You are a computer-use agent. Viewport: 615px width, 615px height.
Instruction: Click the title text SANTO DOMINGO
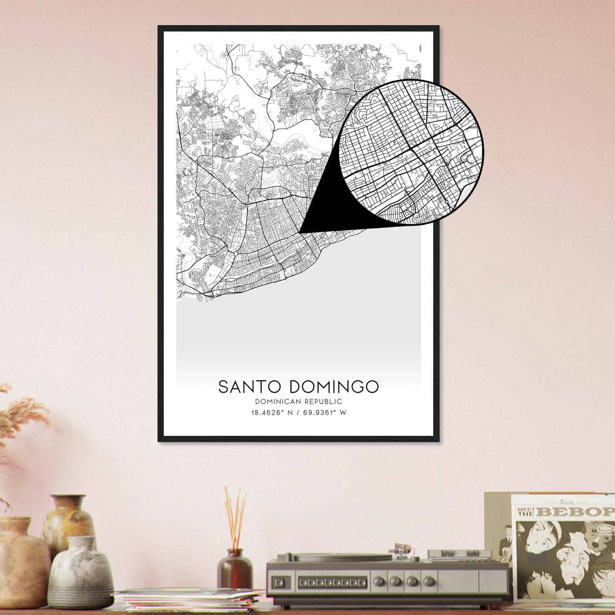click(298, 387)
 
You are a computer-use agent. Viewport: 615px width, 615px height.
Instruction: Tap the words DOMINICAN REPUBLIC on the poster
click(298, 402)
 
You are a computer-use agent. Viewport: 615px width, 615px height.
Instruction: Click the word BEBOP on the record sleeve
click(577, 512)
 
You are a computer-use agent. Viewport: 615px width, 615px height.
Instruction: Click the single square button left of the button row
click(281, 580)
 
